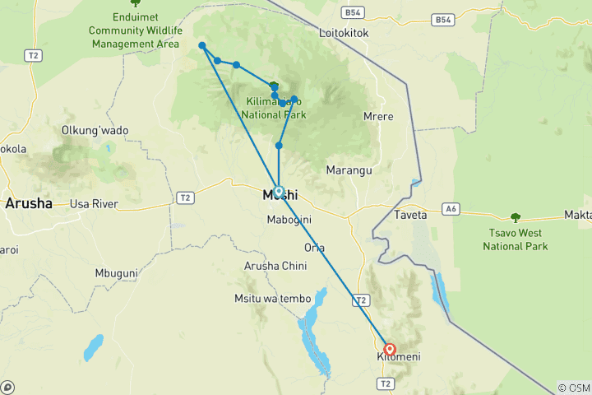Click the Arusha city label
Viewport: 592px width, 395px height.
30,203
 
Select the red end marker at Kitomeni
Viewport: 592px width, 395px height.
390,349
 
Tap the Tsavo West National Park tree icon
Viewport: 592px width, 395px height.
516,218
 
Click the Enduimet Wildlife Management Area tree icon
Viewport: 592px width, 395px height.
136,3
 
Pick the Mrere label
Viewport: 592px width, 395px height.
378,116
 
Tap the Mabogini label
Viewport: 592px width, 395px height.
288,220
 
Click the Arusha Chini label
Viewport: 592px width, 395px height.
275,266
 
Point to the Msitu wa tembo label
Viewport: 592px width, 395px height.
271,298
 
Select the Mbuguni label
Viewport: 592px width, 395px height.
116,272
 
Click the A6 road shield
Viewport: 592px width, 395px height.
450,209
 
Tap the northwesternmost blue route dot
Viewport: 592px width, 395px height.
202,46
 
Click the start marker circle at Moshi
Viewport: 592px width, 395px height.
279,191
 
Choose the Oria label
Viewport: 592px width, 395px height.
314,248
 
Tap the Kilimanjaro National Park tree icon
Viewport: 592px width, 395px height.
274,86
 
